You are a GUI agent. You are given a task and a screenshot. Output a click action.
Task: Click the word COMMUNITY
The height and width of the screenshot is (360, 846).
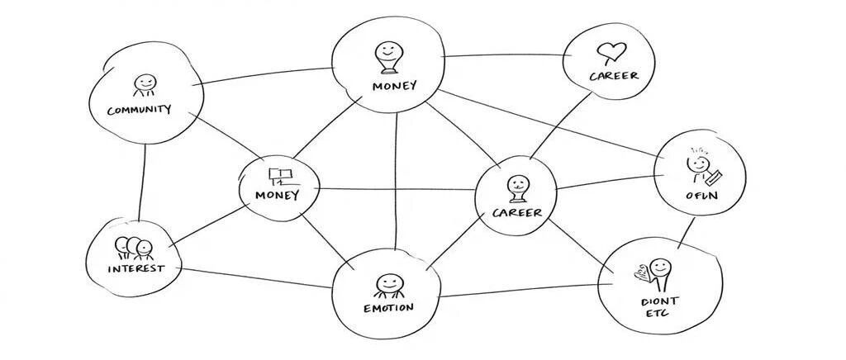tap(139, 110)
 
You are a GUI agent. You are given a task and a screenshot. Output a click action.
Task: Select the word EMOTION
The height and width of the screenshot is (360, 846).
tap(387, 308)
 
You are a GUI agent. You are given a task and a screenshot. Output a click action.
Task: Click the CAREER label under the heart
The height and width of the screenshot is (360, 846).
tap(613, 76)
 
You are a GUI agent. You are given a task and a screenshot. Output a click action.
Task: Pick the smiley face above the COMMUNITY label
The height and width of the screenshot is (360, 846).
tap(145, 84)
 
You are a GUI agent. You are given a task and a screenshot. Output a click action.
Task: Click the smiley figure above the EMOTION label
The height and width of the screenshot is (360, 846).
tap(388, 286)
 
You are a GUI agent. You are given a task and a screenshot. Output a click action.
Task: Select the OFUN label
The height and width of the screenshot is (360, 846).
tap(700, 196)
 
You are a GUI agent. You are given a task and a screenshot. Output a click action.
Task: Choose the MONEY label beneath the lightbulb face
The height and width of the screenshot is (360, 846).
tap(394, 86)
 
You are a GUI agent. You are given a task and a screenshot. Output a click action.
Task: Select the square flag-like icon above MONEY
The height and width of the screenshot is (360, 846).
tap(281, 176)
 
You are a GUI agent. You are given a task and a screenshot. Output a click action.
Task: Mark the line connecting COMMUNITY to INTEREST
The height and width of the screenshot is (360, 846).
tap(142, 182)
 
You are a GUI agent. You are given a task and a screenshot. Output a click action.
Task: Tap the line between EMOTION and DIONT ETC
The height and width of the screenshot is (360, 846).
tap(520, 291)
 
